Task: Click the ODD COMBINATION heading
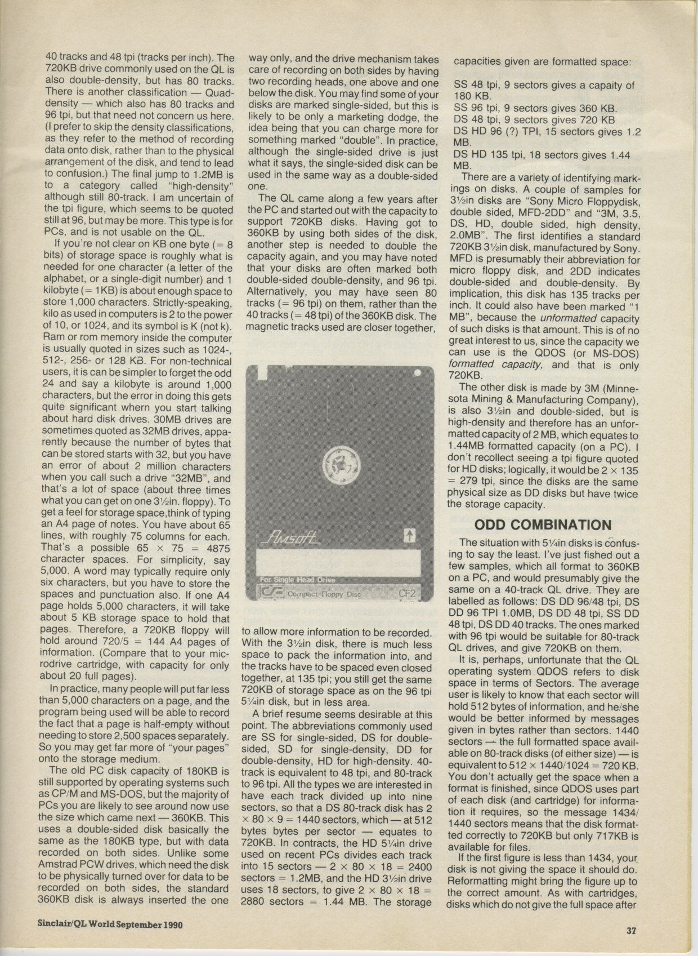point(543,525)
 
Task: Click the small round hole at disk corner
point(417,373)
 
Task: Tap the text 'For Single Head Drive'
point(297,581)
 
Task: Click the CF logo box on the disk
point(270,593)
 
